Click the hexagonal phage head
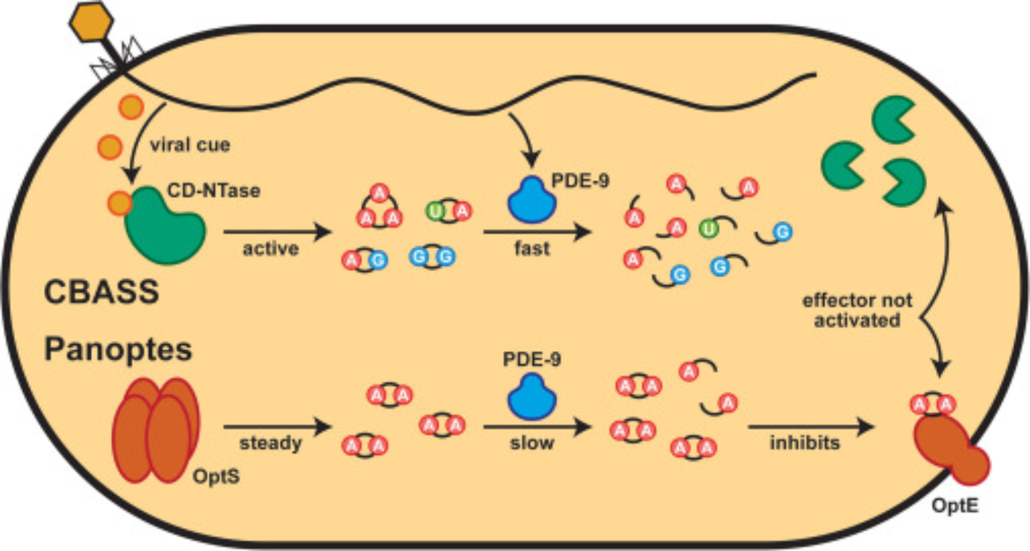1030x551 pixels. [91, 22]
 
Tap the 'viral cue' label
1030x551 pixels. [190, 145]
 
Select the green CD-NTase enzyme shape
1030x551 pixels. [164, 227]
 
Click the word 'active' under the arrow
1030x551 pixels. [270, 249]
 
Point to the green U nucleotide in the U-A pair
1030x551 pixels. [435, 211]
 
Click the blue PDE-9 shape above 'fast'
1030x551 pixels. [531, 202]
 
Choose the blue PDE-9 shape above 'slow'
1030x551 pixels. [531, 397]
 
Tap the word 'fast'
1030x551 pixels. [531, 248]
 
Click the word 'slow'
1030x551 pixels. [531, 443]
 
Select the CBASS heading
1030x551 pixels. [101, 292]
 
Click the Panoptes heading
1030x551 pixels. [118, 349]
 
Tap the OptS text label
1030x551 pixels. [216, 476]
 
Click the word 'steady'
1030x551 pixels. [270, 443]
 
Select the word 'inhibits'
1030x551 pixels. [804, 443]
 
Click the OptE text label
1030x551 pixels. [954, 506]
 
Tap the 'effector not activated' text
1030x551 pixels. [857, 310]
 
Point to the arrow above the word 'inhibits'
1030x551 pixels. [811, 427]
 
